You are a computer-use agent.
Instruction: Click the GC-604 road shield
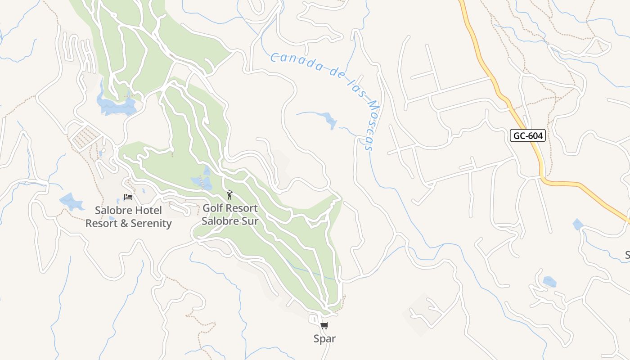click(528, 135)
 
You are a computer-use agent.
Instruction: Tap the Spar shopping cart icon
click(324, 325)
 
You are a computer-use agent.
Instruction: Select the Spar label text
click(324, 338)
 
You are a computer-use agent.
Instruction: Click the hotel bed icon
click(128, 197)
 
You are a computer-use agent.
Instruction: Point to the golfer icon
click(229, 195)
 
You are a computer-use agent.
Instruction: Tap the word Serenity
click(151, 223)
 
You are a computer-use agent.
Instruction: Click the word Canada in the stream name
click(293, 62)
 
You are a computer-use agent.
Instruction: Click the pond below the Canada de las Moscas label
click(330, 120)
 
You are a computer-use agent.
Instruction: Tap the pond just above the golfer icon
click(203, 181)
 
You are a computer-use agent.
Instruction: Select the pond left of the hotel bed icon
click(71, 202)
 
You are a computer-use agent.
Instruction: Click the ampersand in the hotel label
click(125, 223)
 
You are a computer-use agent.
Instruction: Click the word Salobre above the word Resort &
click(113, 210)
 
